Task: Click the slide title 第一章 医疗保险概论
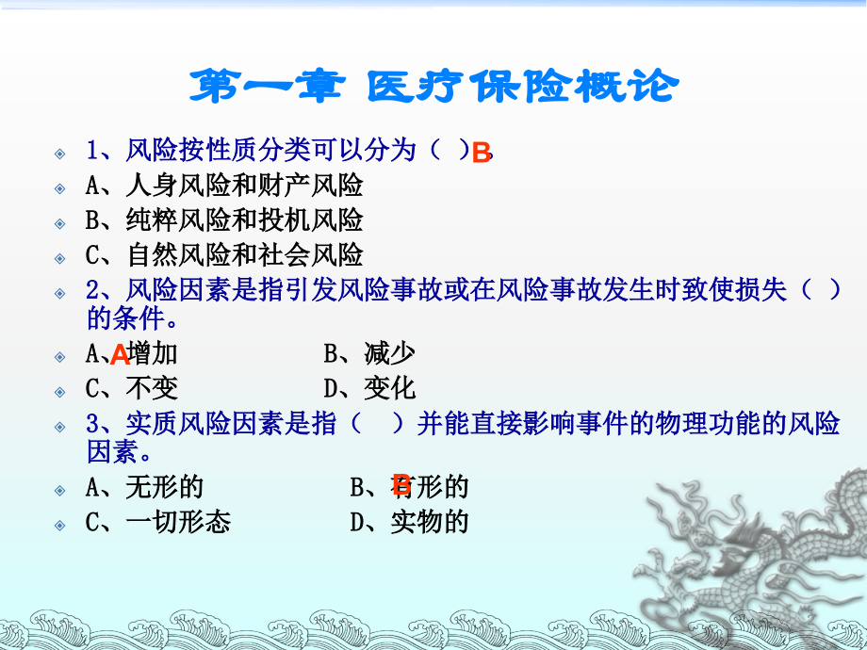pos(433,87)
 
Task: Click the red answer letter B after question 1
pos(481,154)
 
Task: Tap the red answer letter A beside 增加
pos(120,355)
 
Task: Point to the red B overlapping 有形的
pos(401,485)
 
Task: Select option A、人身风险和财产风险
pos(224,186)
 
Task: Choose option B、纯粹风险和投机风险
pos(224,220)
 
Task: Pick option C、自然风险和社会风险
pos(224,254)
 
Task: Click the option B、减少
pos(369,354)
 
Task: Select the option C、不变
pos(132,388)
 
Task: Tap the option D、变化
pos(369,388)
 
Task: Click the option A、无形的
pos(144,487)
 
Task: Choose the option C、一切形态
pos(157,522)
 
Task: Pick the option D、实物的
pos(409,522)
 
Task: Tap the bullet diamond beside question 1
pos(60,152)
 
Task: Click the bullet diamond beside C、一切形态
pos(60,524)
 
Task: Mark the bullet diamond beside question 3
pos(60,427)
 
